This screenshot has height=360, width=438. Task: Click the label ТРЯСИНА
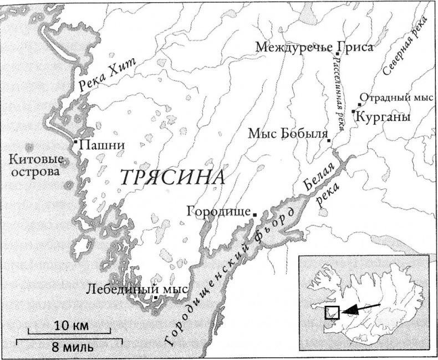click(x=173, y=178)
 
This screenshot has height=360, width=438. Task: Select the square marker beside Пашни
click(x=76, y=142)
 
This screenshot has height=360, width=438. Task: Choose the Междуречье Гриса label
click(x=314, y=47)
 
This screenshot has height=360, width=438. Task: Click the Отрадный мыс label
click(x=396, y=96)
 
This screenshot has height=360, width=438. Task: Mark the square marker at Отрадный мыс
click(x=360, y=104)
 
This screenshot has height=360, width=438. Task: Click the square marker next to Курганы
click(x=353, y=111)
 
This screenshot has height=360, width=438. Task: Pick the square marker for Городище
click(x=254, y=214)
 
